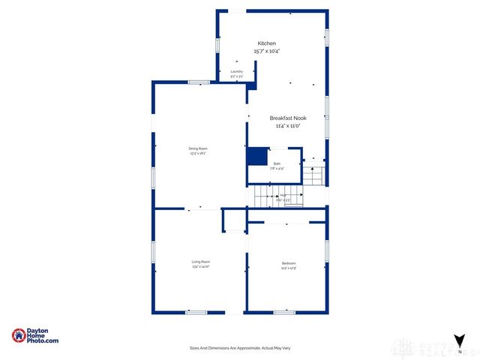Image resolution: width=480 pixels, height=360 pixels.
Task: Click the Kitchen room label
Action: tap(268, 43)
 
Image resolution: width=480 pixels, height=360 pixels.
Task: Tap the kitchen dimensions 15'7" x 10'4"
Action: tap(268, 51)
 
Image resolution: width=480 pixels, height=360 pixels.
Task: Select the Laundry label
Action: tap(236, 71)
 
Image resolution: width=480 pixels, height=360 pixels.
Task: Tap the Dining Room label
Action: tap(198, 148)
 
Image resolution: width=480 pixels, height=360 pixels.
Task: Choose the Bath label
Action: tap(277, 163)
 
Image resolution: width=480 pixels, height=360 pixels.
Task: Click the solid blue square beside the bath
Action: tap(257, 156)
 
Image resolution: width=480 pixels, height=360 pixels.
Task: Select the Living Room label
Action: tap(200, 261)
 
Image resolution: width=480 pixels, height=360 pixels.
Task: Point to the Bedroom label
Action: tap(289, 263)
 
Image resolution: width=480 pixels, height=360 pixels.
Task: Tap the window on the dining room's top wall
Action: tap(199, 82)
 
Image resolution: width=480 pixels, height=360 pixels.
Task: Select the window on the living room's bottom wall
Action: tap(196, 312)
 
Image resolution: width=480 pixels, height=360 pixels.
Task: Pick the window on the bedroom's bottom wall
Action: tap(284, 312)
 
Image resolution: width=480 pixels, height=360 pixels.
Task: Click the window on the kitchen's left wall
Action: tap(217, 44)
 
